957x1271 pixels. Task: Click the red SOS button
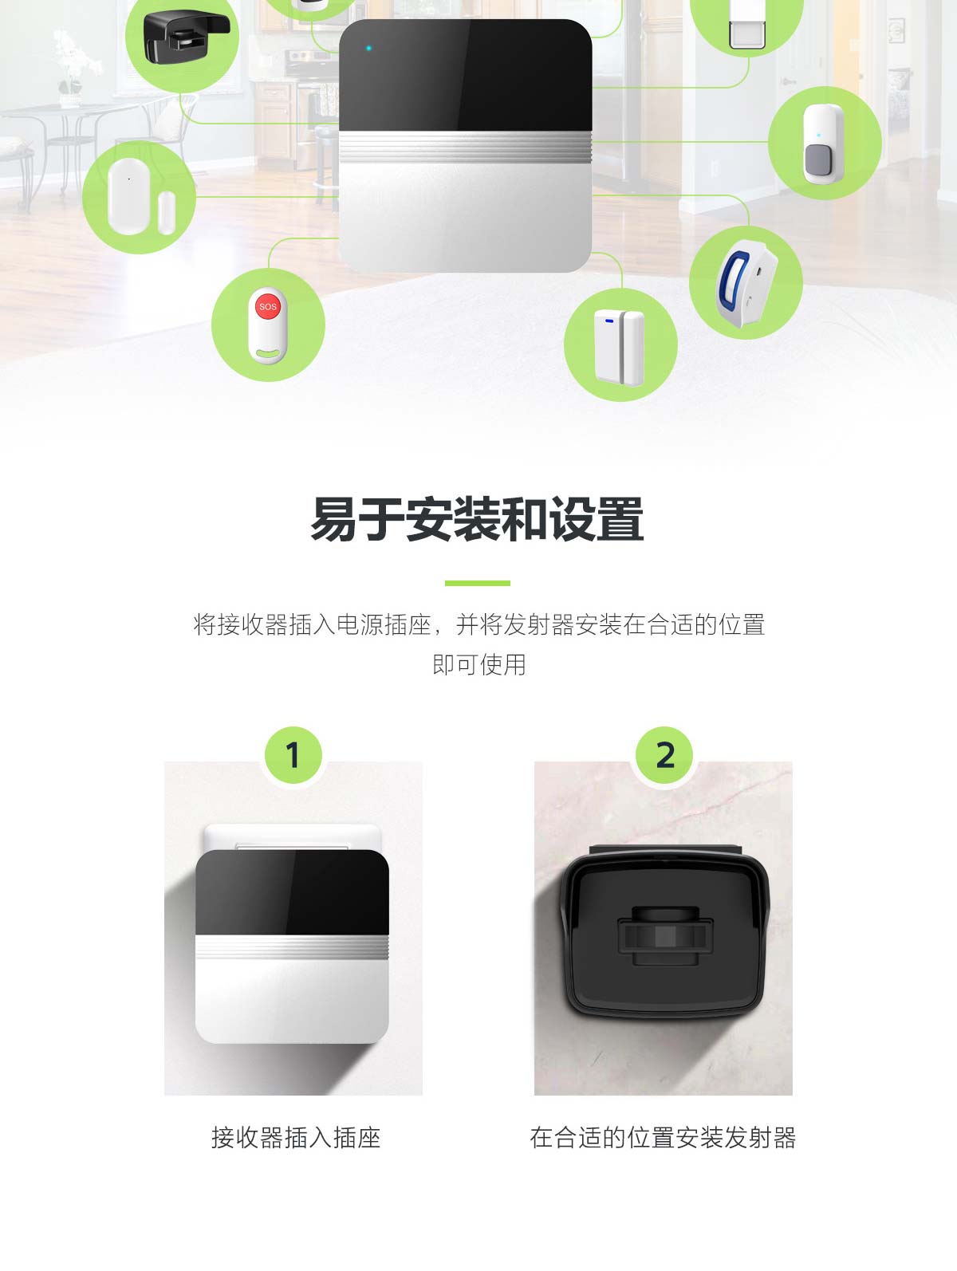267,306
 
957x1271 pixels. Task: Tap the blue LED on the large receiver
368,48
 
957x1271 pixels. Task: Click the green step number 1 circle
293,754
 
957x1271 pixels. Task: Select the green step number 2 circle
664,754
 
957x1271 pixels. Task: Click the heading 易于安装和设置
478,519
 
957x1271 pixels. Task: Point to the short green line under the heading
478,583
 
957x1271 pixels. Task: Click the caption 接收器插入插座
296,1137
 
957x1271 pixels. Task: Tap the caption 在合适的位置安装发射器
663,1137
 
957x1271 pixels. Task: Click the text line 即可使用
479,664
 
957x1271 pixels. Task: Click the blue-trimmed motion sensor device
746,284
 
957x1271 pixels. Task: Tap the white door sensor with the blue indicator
619,348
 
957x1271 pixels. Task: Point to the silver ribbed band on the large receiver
466,147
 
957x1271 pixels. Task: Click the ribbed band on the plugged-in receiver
292,947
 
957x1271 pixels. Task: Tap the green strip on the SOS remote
267,352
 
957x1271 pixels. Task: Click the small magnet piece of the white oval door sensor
166,213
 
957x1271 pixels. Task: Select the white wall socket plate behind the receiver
293,837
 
